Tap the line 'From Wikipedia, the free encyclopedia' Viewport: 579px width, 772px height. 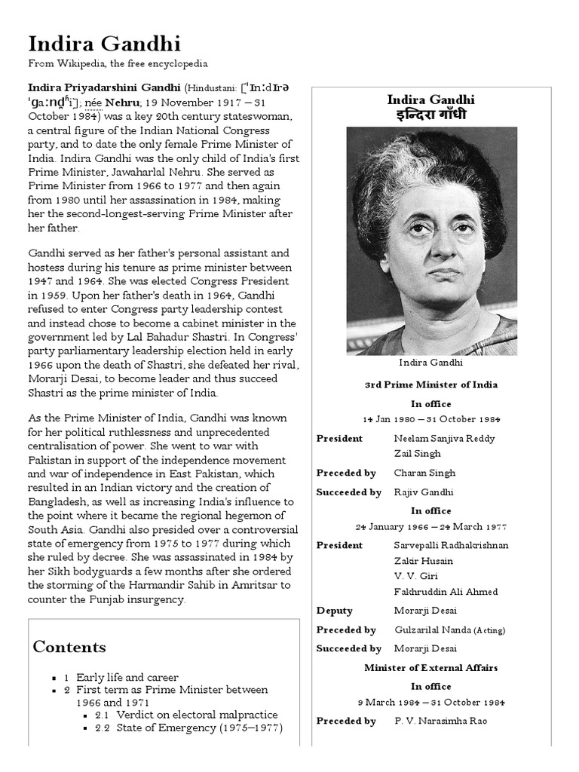point(118,65)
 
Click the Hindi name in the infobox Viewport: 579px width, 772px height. point(430,115)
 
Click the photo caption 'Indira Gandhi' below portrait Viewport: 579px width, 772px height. point(430,363)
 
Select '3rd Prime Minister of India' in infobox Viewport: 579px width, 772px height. point(430,384)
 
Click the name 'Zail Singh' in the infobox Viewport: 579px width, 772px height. point(417,454)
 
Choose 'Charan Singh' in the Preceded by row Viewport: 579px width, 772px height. point(424,473)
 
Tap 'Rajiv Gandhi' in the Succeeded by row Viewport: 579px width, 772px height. point(424,492)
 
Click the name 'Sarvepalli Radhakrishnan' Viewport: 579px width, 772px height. point(451,545)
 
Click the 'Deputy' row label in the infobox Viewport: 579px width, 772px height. point(334,611)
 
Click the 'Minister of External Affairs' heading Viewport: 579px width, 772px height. point(430,667)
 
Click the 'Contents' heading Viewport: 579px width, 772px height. point(69,647)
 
